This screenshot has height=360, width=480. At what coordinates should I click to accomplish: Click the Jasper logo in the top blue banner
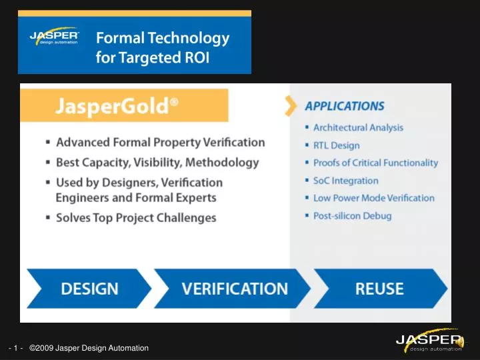coord(55,37)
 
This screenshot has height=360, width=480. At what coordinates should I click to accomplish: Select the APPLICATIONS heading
coord(345,106)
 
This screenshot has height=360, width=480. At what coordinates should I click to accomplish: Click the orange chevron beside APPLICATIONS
coord(290,105)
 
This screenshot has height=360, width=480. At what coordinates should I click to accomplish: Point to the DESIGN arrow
coord(89,289)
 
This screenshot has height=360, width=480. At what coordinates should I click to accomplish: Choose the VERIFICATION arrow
coord(234,289)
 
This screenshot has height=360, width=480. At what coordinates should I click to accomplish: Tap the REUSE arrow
coord(379,289)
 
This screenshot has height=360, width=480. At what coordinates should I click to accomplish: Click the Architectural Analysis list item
coord(358,127)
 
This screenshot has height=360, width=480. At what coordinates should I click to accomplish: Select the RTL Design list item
coord(336,145)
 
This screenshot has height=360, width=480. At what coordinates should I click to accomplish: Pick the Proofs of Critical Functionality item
coord(375,163)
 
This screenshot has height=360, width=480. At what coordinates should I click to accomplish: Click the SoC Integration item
coord(345,181)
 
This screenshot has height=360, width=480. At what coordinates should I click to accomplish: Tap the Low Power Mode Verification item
coord(373,198)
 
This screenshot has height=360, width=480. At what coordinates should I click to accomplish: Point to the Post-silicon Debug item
coord(352,216)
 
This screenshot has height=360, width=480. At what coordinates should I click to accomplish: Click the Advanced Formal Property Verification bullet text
coord(161,142)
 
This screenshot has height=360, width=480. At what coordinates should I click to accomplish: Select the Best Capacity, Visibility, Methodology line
coord(157,162)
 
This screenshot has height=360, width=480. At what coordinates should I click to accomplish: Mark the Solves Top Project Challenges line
coord(136,217)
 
